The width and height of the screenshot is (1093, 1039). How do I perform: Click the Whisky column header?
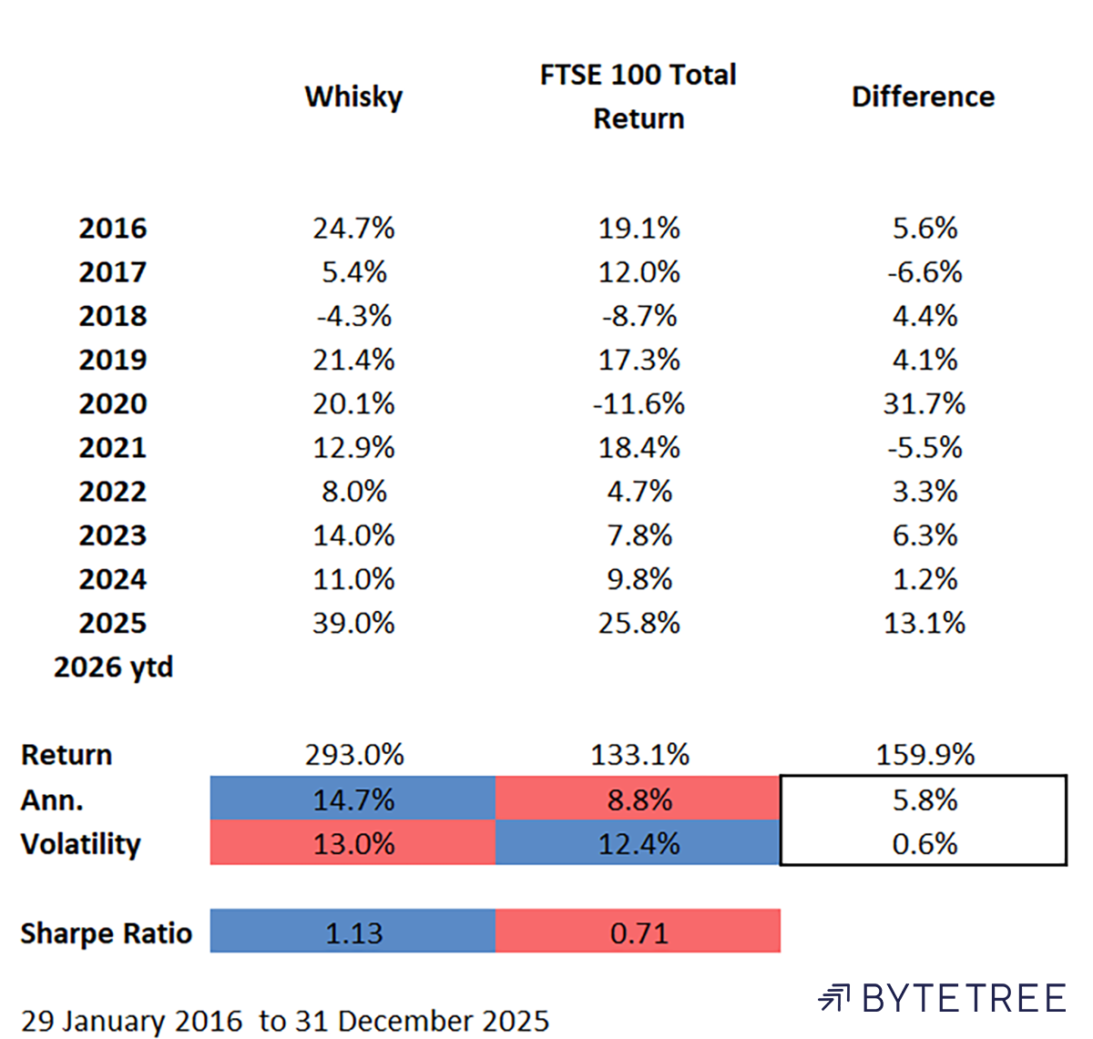click(353, 97)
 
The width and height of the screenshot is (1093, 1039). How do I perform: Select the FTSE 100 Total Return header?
click(638, 97)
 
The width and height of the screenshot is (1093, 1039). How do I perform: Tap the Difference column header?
click(923, 97)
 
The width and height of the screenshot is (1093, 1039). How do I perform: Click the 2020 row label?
click(112, 403)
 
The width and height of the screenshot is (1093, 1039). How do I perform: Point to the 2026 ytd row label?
click(113, 667)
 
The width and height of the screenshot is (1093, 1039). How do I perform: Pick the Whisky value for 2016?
click(353, 228)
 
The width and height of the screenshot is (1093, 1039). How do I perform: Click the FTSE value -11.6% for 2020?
click(638, 403)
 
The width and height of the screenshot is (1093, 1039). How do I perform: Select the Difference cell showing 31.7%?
click(924, 403)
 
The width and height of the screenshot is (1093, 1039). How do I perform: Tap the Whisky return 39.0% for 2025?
click(353, 623)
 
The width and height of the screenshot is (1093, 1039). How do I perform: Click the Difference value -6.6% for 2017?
click(924, 271)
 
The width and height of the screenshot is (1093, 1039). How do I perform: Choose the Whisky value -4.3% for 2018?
click(353, 316)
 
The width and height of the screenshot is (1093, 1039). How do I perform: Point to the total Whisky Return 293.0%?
click(353, 754)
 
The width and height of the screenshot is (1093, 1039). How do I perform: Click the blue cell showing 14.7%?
click(353, 800)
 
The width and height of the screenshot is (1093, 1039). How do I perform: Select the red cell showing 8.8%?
click(638, 800)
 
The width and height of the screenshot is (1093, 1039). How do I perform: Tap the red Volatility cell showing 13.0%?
click(353, 843)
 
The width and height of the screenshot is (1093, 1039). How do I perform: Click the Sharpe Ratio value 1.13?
click(353, 932)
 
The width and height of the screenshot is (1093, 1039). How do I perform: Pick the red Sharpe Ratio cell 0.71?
click(638, 932)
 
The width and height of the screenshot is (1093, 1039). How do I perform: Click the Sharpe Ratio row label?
click(106, 932)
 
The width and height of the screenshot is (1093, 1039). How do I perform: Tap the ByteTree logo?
click(942, 998)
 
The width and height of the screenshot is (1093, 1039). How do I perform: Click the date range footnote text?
click(284, 1020)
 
